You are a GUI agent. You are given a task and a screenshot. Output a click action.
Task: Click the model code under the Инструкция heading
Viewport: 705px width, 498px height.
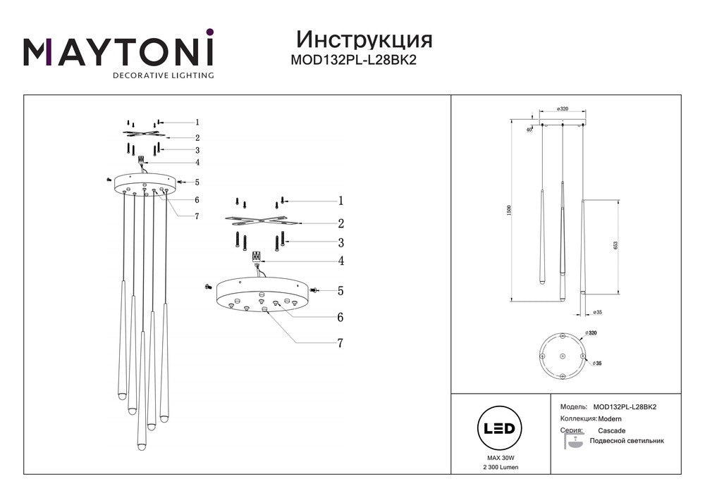[354, 60]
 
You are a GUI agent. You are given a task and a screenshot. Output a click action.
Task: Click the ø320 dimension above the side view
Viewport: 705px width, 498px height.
[562, 109]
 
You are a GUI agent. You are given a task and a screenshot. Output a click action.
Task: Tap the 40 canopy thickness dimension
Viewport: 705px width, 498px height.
[528, 129]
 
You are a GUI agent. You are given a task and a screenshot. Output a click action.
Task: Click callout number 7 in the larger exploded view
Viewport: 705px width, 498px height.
[340, 343]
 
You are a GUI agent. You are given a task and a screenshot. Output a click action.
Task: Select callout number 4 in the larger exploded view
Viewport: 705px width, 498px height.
[340, 261]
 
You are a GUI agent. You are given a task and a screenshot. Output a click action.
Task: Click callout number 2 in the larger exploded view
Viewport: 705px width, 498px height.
[340, 224]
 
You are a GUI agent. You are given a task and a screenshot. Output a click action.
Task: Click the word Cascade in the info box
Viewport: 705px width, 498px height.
[611, 430]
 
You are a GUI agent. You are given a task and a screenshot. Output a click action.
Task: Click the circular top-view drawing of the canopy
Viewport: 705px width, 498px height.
[562, 356]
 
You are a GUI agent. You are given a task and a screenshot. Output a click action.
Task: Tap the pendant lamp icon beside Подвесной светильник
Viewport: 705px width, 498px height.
[574, 442]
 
